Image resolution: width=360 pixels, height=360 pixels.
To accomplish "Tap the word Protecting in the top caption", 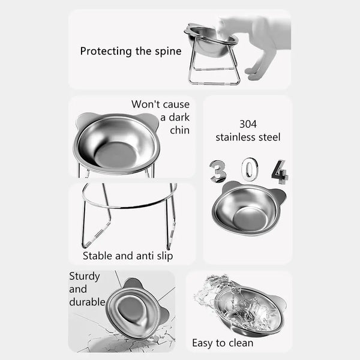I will click(104, 51).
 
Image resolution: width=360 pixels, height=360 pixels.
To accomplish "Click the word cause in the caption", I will click(173, 104).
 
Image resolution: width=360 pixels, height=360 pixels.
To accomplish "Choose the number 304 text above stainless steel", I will click(248, 124).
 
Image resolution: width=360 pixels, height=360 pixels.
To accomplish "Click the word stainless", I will click(233, 137).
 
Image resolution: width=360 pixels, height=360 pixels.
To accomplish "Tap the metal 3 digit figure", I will click(217, 171).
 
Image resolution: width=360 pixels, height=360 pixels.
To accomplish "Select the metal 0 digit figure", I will click(248, 170).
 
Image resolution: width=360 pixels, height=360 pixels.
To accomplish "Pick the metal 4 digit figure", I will click(279, 171).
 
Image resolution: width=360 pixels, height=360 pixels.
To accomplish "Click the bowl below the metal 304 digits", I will click(247, 208).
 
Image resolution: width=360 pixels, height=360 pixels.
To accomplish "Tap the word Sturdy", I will click(85, 276).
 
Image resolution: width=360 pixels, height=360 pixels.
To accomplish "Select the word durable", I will click(88, 301).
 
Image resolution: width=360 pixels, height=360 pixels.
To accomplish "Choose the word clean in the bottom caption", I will click(239, 343).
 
